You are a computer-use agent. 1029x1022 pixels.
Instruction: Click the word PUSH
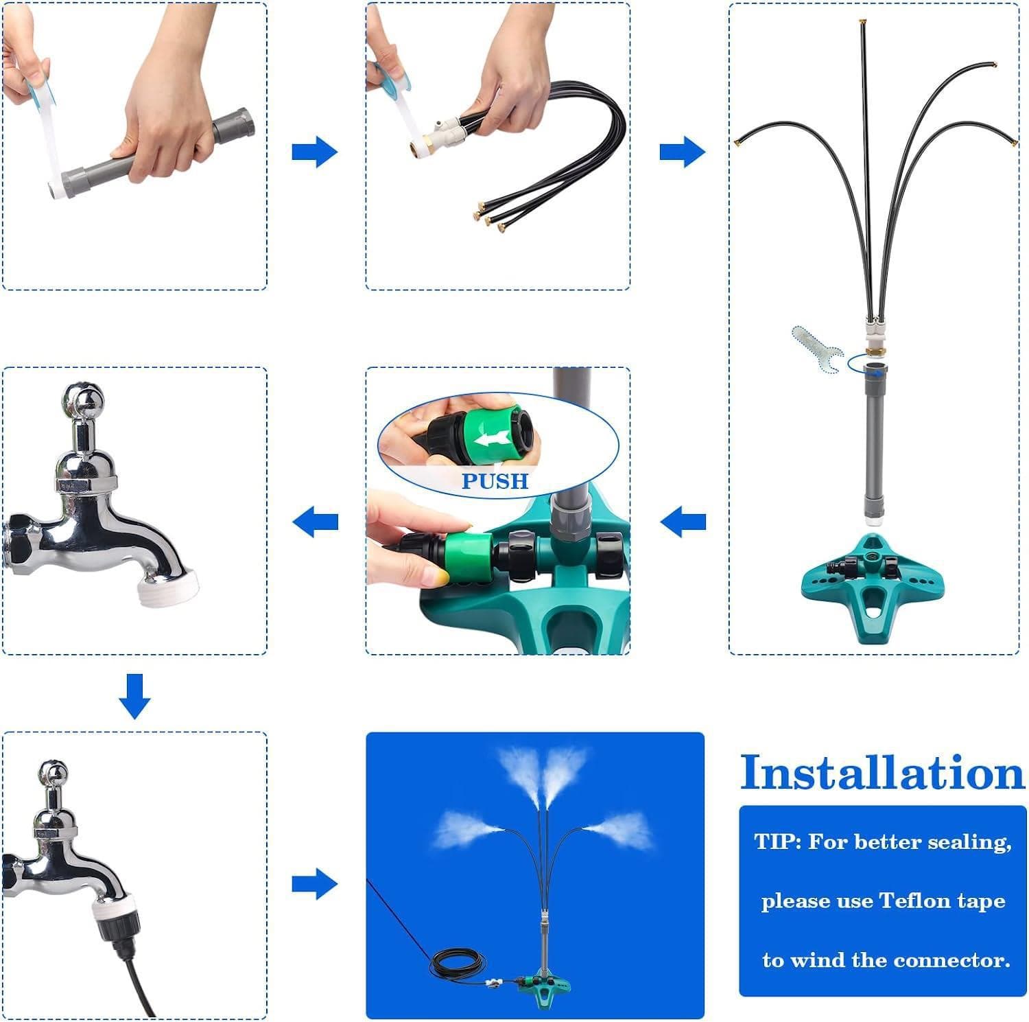[495, 480]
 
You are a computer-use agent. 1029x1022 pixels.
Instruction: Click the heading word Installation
[882, 774]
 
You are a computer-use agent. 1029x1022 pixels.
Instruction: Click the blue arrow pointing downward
[134, 696]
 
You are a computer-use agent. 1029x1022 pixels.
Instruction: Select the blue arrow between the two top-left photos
[315, 152]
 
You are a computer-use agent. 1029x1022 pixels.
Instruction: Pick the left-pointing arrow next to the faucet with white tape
[315, 522]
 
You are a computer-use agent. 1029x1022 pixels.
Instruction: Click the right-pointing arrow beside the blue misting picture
[315, 884]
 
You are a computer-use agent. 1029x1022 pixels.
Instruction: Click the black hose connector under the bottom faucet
[113, 931]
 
